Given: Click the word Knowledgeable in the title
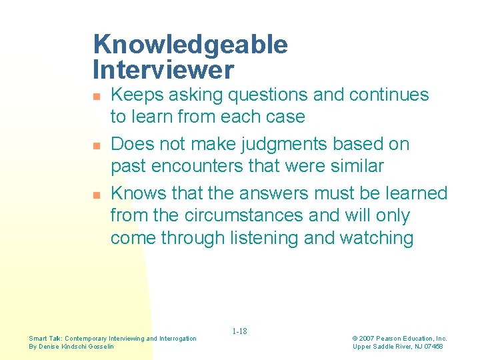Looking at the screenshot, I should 191,45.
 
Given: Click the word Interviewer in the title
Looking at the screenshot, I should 164,69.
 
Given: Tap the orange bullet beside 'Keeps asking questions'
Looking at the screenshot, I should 97,97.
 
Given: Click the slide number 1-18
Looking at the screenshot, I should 239,331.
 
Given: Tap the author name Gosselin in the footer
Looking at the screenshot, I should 100,347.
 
